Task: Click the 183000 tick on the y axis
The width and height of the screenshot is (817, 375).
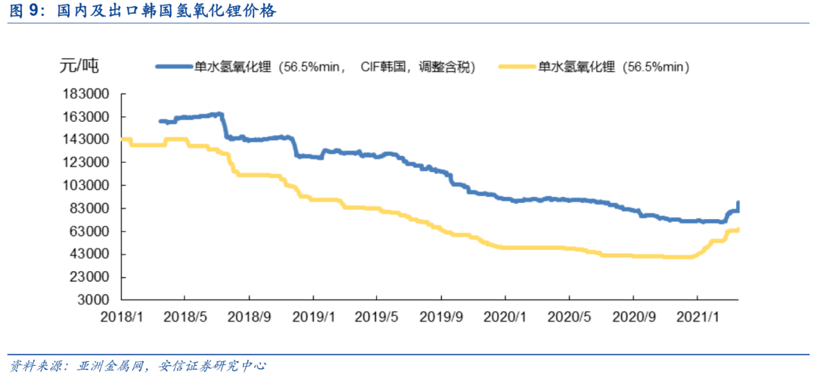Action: click(x=89, y=94)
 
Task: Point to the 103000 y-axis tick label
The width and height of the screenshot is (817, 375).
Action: click(x=89, y=186)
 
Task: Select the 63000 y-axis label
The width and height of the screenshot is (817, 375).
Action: click(x=92, y=231)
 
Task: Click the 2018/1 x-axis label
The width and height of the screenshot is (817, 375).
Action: click(x=121, y=316)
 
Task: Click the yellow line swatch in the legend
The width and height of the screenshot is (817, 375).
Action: click(x=517, y=67)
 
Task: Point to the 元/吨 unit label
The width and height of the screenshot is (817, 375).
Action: click(x=79, y=65)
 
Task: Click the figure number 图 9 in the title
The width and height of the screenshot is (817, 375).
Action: click(x=25, y=11)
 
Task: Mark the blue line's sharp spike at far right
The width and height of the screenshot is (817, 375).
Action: click(x=738, y=203)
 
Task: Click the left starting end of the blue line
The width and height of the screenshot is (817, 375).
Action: click(x=160, y=121)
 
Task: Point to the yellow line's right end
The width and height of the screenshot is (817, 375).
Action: click(x=738, y=229)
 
